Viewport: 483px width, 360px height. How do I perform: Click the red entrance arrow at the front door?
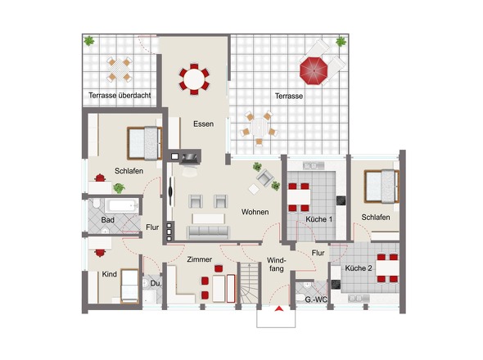[279, 308]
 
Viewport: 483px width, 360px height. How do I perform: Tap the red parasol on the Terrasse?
[314, 70]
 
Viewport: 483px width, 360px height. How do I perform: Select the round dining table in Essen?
[194, 79]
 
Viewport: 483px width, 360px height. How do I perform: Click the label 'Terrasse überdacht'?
[120, 96]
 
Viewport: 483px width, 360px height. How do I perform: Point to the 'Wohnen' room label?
[255, 212]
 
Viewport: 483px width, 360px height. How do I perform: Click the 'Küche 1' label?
[319, 219]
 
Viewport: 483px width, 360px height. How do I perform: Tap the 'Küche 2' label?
[359, 268]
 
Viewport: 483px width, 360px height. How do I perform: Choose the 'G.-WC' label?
[316, 299]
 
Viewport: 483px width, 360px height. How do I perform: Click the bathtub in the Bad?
[121, 206]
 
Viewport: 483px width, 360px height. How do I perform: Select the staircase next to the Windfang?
[249, 284]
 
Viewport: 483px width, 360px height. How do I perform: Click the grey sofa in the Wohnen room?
[208, 232]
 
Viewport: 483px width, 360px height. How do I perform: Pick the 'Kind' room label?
[110, 274]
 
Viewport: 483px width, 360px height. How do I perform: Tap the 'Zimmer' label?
[199, 259]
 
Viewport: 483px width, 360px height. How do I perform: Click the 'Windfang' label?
[277, 264]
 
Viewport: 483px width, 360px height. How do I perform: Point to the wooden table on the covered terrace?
[120, 70]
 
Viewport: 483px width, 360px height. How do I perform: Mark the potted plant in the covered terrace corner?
[89, 41]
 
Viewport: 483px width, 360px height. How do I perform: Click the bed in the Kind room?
[129, 286]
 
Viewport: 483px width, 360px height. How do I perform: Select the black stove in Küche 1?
[341, 200]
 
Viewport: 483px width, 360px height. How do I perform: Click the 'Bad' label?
[108, 220]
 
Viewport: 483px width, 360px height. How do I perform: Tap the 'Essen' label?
[203, 124]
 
